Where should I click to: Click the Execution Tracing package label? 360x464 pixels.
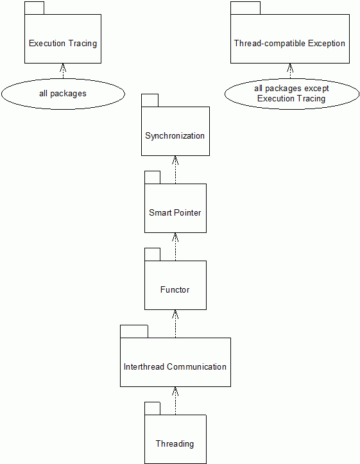pos(63,44)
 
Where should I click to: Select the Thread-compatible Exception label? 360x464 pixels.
pos(289,44)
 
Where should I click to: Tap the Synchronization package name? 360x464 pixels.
pos(175,136)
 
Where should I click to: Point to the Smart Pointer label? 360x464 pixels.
pos(175,213)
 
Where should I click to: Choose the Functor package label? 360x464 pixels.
pos(175,289)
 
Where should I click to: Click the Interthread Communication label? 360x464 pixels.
pos(175,367)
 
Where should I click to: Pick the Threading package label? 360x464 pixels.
pos(175,444)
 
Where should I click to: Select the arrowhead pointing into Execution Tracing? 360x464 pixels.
pos(63,67)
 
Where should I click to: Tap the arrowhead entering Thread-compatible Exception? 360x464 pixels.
pos(290,67)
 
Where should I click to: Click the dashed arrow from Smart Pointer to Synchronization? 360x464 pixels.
pos(175,170)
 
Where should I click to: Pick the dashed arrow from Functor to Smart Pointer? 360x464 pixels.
pos(175,247)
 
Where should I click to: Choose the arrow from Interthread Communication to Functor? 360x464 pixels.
pos(175,323)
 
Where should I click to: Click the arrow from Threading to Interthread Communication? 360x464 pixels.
pos(175,401)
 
